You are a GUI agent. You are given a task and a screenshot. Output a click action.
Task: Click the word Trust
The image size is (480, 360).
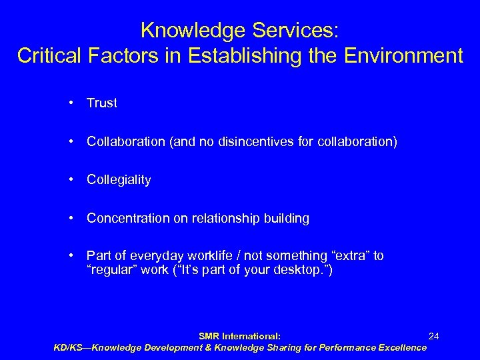click(102, 103)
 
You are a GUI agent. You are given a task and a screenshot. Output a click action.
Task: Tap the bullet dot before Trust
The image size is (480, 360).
click(70, 103)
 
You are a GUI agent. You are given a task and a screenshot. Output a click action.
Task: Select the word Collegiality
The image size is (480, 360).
click(119, 180)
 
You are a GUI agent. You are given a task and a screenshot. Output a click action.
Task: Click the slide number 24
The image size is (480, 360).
click(433, 337)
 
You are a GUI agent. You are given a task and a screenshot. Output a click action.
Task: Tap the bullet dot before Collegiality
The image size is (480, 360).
click(70, 180)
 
